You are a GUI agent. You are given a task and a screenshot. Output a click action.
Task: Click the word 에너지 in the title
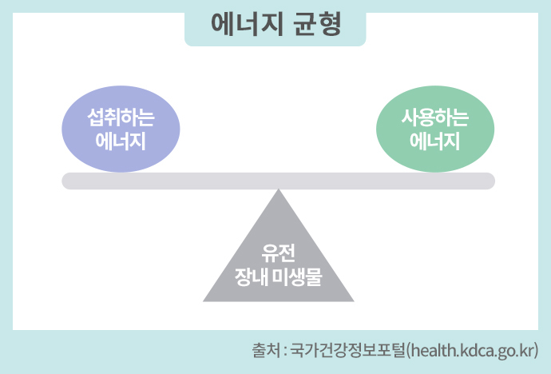point(244,25)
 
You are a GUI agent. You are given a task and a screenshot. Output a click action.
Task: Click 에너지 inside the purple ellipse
point(121,143)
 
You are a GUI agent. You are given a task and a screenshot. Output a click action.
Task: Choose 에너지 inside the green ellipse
point(434,143)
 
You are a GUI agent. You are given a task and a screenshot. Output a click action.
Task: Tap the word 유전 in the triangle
point(278,256)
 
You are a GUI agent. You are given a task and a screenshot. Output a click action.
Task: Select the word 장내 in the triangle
point(248,277)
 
